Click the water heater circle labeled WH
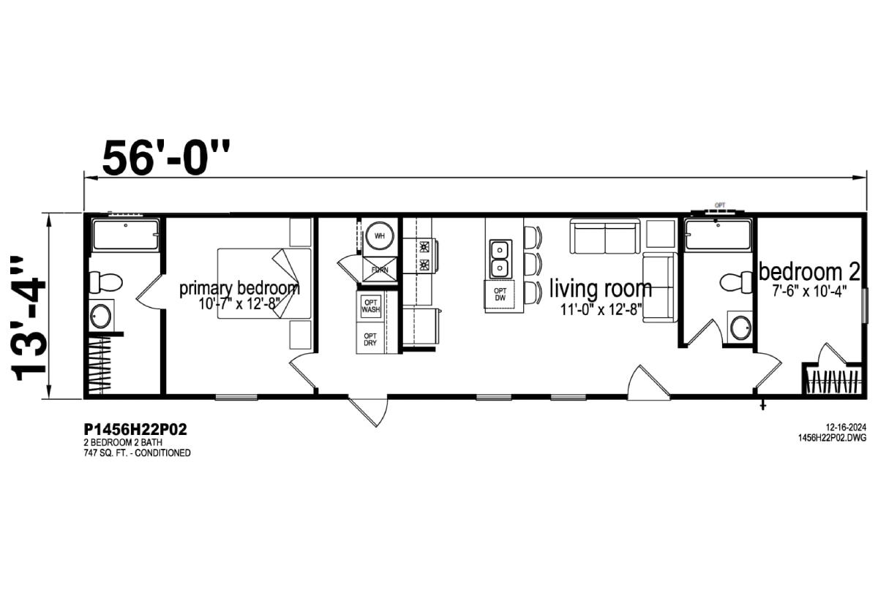[380, 235]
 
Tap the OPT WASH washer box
[371, 306]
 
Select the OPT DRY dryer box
[371, 338]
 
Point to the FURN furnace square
[380, 270]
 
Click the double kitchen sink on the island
[500, 259]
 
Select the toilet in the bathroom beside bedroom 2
[736, 281]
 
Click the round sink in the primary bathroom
[101, 316]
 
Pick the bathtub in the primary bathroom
[126, 235]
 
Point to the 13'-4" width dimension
[29, 318]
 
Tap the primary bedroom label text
[239, 288]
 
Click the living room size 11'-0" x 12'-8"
[601, 310]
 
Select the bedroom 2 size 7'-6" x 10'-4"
[809, 292]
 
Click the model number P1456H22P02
[135, 429]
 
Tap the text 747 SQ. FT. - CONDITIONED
[137, 453]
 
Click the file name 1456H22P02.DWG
[832, 438]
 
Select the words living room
[601, 289]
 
